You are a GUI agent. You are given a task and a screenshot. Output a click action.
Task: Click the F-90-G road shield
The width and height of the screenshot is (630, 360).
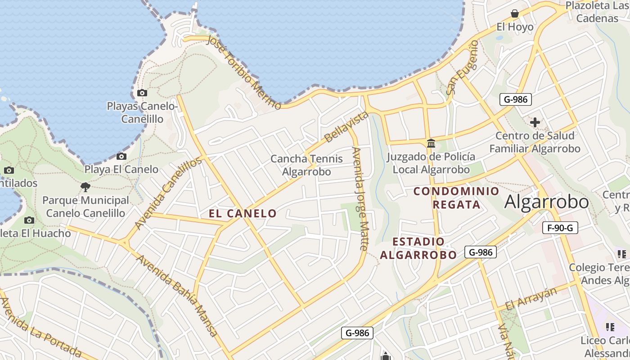(560, 228)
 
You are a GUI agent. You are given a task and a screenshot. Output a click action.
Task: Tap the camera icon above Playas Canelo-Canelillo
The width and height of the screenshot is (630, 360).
(142, 93)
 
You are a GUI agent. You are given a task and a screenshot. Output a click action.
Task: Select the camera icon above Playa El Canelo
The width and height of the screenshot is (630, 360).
(121, 157)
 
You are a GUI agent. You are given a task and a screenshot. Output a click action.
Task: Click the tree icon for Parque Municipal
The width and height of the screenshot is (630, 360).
(85, 187)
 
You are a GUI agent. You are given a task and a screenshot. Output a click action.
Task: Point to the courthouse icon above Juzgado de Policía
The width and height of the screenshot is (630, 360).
(431, 144)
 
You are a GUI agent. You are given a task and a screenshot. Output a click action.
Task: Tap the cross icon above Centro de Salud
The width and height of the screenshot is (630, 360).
(535, 122)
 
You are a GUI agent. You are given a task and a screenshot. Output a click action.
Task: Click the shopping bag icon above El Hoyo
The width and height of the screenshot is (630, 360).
(515, 13)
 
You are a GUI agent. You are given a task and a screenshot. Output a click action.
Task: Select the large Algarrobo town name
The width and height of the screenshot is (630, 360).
(546, 202)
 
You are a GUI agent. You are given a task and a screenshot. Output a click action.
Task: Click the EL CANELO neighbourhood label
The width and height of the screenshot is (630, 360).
(243, 213)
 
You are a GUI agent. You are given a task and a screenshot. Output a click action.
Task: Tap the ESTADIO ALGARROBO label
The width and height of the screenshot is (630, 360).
(418, 248)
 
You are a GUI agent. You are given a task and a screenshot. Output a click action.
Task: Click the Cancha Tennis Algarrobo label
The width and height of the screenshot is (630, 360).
(306, 165)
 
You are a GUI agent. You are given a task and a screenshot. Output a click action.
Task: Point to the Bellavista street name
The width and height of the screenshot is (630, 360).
(346, 127)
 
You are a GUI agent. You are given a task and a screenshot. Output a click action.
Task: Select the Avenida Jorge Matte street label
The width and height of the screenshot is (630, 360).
(360, 198)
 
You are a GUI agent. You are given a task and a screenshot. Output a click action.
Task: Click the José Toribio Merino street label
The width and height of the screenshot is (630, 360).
(243, 72)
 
